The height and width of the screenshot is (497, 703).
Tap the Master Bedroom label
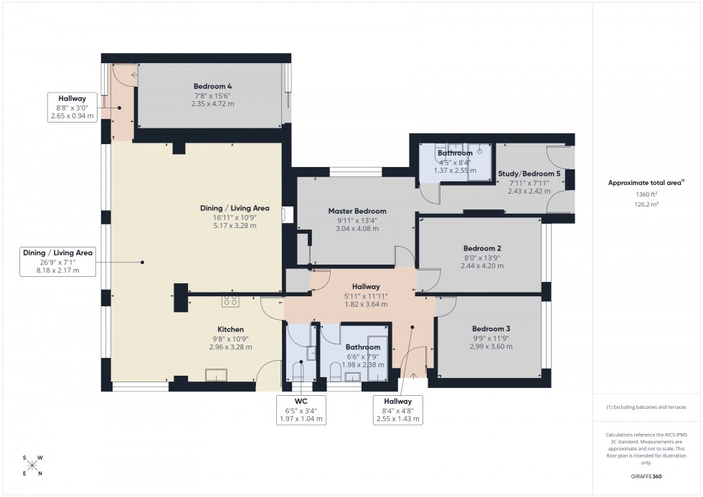click(x=357, y=212)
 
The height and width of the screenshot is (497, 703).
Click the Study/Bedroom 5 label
click(x=529, y=174)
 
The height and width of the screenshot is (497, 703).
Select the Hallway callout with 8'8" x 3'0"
click(x=72, y=106)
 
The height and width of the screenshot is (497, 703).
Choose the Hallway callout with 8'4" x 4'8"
click(x=397, y=410)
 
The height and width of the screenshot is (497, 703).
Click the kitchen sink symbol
click(x=216, y=374)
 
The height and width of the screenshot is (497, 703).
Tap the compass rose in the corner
click(x=32, y=465)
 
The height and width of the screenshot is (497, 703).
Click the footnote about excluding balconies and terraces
click(x=646, y=407)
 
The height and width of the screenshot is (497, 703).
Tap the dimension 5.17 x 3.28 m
click(x=235, y=225)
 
